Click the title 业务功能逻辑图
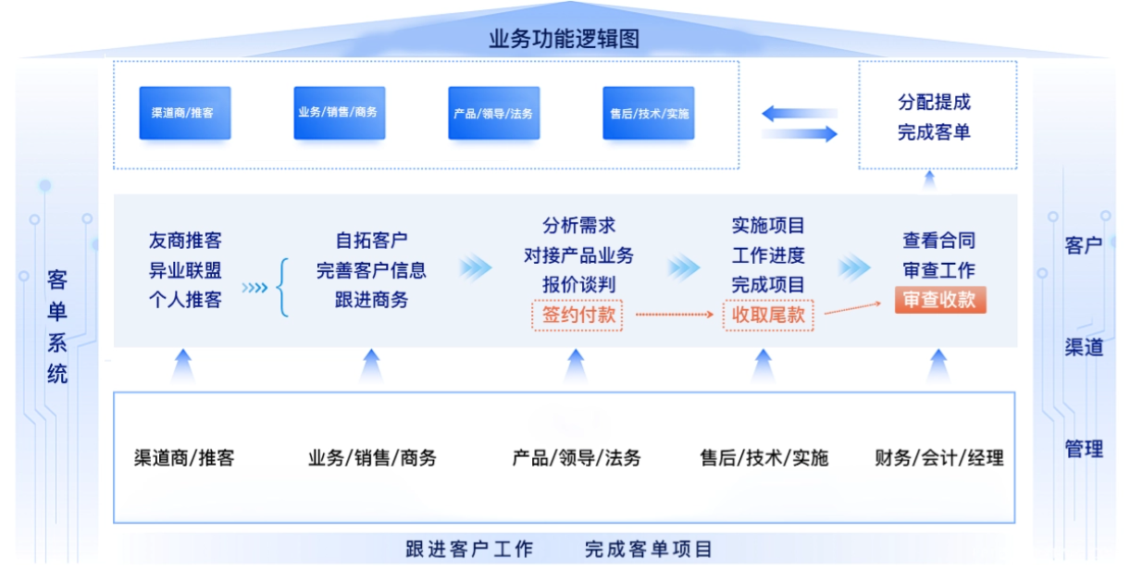(x=564, y=39)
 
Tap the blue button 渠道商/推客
(x=185, y=113)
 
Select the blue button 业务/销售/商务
(x=340, y=113)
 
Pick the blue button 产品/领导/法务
(x=494, y=113)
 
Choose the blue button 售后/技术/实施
(x=648, y=113)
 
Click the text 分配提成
(x=934, y=103)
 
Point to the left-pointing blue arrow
(x=800, y=114)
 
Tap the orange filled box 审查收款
(x=940, y=300)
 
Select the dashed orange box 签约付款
(x=577, y=316)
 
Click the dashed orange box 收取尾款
(x=768, y=316)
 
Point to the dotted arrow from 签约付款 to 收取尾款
(x=675, y=315)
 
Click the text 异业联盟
(x=185, y=270)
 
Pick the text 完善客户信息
(x=371, y=270)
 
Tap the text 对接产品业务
(x=578, y=255)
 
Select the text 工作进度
(x=768, y=255)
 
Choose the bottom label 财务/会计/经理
(x=938, y=458)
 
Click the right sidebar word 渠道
(x=1084, y=347)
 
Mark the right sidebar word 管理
(x=1084, y=449)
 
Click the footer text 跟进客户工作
(x=469, y=550)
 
